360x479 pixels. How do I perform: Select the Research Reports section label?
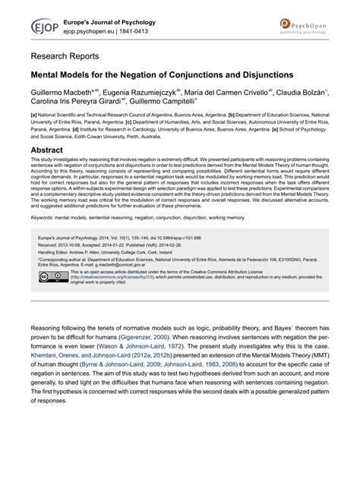pyautogui.click(x=65, y=56)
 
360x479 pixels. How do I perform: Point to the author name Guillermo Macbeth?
pyautogui.click(x=61, y=92)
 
